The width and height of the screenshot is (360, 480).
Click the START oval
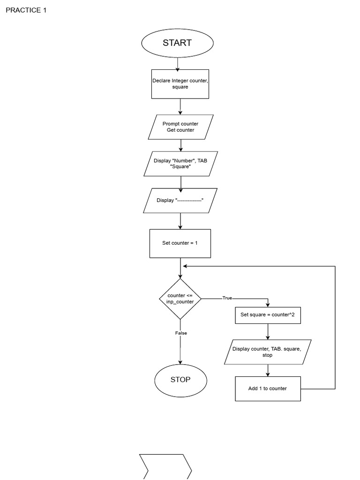(177, 43)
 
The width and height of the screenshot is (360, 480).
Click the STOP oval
(180, 380)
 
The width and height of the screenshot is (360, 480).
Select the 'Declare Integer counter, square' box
(180, 84)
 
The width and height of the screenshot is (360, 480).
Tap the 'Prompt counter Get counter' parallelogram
(180, 127)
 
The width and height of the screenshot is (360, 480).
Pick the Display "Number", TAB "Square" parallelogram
(180, 164)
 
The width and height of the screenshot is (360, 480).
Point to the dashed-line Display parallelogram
(180, 201)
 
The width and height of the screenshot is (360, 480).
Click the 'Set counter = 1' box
(180, 243)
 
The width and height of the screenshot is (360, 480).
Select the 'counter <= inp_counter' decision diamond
(180, 299)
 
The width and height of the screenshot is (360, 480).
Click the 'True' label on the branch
(227, 298)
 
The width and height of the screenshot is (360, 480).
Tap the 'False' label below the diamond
(181, 333)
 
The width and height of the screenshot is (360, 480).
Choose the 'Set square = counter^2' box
(268, 315)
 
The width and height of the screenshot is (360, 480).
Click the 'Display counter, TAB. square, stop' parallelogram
(268, 352)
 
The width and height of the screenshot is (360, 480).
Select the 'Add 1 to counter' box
(268, 389)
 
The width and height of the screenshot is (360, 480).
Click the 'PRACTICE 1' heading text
(26, 10)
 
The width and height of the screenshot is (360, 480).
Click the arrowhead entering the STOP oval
(180, 362)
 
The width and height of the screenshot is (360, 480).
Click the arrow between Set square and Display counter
(268, 332)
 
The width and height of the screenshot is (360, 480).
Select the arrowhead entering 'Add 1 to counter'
(268, 374)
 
